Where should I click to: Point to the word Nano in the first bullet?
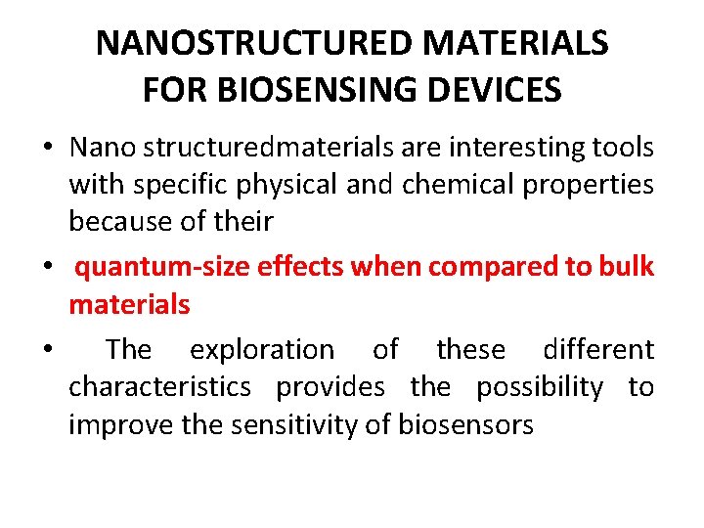[x=103, y=148]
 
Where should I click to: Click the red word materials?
[x=129, y=304]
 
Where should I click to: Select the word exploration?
[x=261, y=349]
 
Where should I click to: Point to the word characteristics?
[x=159, y=387]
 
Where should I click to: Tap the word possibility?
[x=540, y=387]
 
